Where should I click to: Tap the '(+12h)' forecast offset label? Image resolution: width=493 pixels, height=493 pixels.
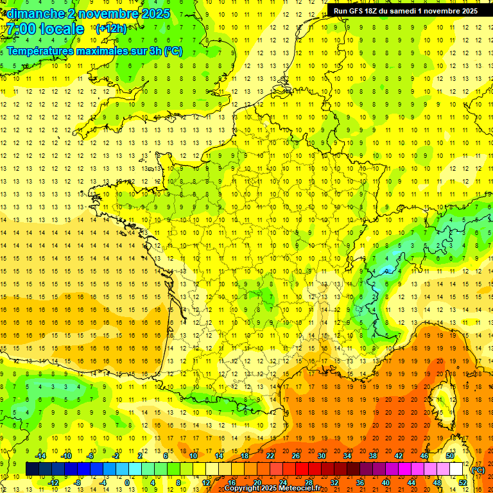click(111, 28)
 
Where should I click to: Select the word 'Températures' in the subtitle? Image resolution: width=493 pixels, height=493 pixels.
click(38, 51)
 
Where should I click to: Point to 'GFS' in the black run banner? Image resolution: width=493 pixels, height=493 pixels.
click(359, 11)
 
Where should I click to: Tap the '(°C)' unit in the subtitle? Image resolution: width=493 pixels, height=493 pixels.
click(173, 51)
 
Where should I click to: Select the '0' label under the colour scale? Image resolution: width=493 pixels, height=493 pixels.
click(127, 483)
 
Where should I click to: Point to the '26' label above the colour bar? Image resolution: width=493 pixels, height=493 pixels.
click(296, 456)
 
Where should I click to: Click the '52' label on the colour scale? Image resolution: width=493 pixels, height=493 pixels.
click(463, 483)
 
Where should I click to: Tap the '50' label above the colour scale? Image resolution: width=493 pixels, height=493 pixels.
click(450, 456)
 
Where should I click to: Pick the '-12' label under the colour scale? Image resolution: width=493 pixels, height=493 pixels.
click(53, 483)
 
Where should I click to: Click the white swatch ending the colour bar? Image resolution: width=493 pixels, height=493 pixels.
click(456, 469)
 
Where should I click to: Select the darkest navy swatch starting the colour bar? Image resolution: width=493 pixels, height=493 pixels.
click(32, 469)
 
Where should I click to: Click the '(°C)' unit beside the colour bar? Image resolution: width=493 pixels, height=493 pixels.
click(478, 470)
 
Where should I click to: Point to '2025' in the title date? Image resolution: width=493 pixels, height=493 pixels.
click(155, 13)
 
